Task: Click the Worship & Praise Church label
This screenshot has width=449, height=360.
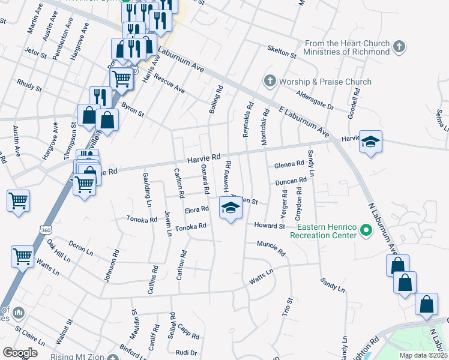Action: [325, 82]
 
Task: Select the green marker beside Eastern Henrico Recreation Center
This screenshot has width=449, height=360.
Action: [365, 230]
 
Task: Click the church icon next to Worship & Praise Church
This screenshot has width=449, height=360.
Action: [270, 80]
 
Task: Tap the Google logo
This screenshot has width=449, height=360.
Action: [20, 352]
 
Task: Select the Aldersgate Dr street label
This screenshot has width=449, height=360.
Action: [315, 100]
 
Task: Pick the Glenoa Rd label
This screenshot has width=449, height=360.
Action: [289, 164]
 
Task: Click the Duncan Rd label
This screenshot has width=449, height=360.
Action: [291, 180]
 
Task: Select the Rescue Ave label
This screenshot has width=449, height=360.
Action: [169, 85]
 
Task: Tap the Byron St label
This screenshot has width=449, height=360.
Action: [133, 109]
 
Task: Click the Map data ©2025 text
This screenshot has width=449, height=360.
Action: [423, 355]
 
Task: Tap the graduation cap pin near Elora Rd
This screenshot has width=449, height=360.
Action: [229, 208]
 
